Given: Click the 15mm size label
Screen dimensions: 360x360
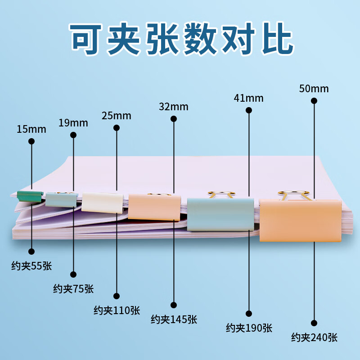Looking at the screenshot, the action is (x=31, y=130).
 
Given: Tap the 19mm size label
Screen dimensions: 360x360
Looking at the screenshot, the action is (x=73, y=123).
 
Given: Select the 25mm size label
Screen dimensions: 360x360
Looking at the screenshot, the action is (x=116, y=116).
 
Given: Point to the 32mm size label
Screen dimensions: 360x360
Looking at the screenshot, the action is (x=173, y=107).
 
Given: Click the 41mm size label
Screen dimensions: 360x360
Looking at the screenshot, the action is (x=249, y=98).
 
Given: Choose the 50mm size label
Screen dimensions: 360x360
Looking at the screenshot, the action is (x=314, y=89).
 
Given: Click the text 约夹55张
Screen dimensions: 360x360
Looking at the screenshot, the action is (x=31, y=266).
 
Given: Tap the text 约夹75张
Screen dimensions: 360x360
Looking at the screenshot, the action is (x=73, y=288).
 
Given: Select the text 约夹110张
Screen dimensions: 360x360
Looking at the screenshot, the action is (x=117, y=310).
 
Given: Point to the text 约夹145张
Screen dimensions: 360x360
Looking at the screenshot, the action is (x=174, y=319).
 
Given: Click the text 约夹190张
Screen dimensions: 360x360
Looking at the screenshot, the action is (x=249, y=328).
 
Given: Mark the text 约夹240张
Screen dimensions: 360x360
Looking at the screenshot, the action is (x=314, y=337).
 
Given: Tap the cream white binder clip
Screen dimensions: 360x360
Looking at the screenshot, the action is (x=102, y=202).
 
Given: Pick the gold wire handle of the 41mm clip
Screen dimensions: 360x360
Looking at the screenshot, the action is (x=221, y=194).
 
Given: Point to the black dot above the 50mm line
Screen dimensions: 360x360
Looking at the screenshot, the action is (x=314, y=101).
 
